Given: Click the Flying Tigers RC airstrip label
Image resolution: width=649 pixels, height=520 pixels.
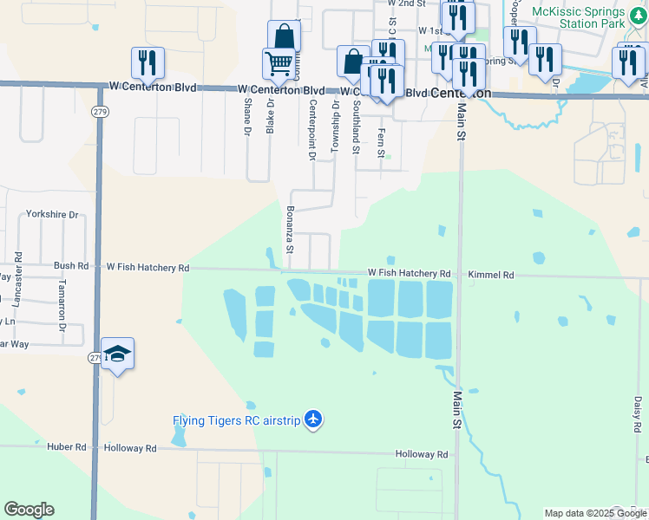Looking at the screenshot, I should coord(236,421).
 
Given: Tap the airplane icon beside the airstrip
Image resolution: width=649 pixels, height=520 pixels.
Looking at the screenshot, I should coord(313,421).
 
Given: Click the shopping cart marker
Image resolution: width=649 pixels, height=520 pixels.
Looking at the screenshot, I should coord(278,62).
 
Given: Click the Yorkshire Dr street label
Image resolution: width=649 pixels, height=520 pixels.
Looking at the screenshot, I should coord(52,214).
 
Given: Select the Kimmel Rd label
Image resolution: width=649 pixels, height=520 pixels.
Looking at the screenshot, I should coord(491,275).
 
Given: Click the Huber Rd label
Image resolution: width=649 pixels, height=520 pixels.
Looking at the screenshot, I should coord(69,448).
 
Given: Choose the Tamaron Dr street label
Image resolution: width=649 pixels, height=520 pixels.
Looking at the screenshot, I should coord(62,305).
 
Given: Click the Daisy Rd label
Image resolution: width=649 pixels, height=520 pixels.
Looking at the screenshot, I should coord(637,414).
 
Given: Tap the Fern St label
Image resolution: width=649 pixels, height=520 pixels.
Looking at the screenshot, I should coord(381,144).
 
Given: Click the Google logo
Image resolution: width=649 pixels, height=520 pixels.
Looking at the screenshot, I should coord(29,510).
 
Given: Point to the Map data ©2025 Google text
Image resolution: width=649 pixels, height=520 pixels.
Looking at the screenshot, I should coord(596,513).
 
